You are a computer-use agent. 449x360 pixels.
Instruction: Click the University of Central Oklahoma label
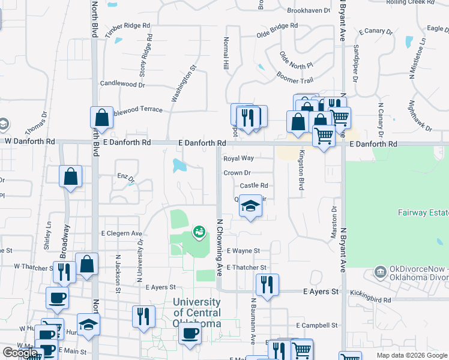197,313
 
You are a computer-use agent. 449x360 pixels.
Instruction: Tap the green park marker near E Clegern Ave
199,231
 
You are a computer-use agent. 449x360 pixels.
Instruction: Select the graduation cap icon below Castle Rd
251,206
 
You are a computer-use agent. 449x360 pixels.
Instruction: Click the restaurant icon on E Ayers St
266,284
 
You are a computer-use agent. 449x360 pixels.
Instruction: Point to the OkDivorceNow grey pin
379,272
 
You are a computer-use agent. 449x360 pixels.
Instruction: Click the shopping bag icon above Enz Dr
70,176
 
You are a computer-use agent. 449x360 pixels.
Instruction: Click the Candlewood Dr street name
122,85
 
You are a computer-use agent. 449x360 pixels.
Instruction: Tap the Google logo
20,353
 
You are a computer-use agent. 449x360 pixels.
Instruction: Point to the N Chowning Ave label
220,246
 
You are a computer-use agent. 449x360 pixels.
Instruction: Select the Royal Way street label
238,158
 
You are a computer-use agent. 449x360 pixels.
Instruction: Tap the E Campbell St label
317,325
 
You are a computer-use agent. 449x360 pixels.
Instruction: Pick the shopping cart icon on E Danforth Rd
324,136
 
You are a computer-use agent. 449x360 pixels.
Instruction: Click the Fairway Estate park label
423,212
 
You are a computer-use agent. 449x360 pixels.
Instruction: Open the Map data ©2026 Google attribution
411,355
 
